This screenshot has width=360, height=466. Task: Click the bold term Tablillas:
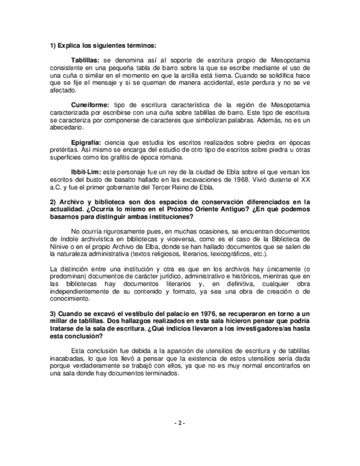[85, 59]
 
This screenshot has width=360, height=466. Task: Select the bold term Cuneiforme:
[90, 104]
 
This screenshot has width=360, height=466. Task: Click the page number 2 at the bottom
[180, 423]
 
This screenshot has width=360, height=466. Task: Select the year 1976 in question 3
[201, 312]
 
